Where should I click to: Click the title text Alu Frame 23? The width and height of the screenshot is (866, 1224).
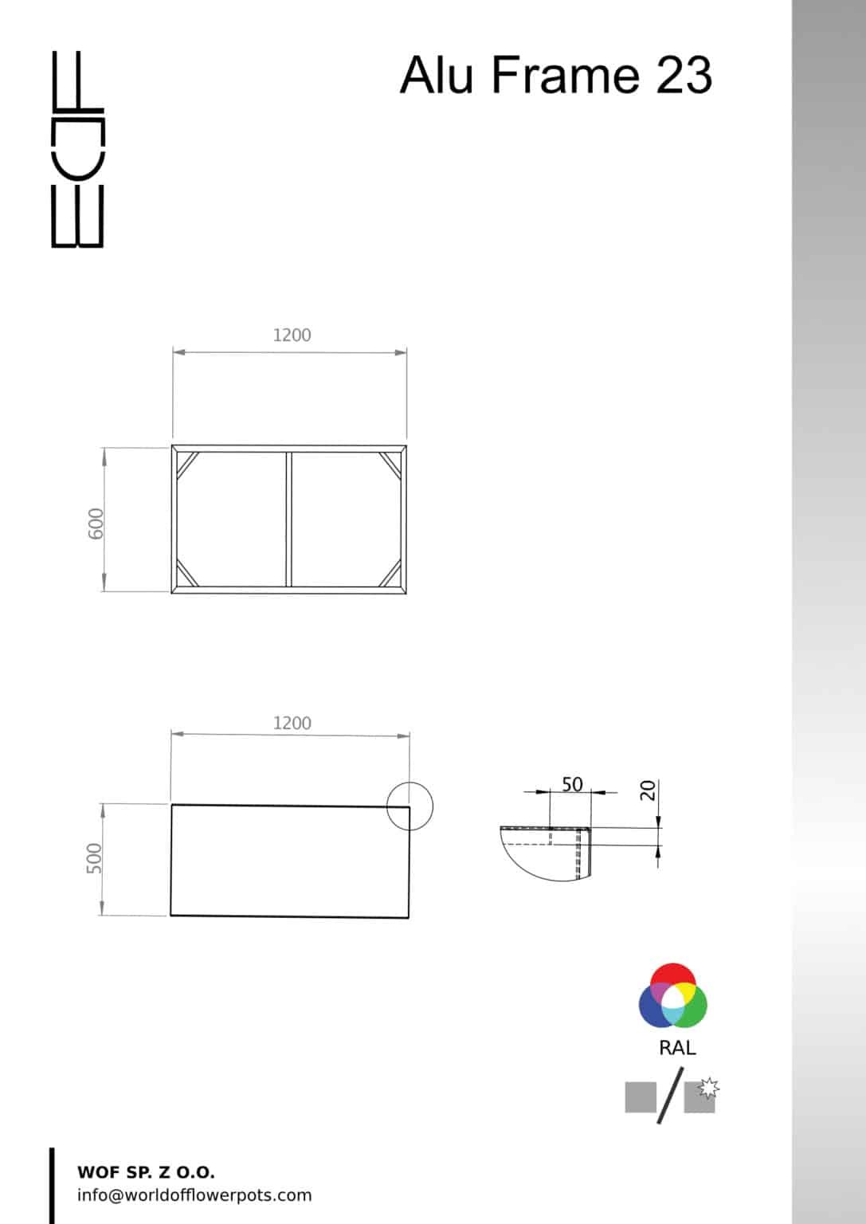coord(555,75)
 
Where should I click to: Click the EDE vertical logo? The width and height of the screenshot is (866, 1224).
coord(77,149)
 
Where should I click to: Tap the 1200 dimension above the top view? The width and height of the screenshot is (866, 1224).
coord(292,335)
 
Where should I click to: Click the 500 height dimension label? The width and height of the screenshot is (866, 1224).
coord(94,858)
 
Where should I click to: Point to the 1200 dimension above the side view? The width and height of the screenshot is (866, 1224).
coord(292,724)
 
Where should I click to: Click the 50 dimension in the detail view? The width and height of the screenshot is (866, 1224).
coord(572,784)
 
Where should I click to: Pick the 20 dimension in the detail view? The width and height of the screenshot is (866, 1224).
coord(648,790)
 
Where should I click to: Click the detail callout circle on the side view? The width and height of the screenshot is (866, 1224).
coord(410,806)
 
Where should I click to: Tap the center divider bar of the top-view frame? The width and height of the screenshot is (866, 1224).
coord(289,520)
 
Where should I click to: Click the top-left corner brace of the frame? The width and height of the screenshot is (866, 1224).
coord(187,465)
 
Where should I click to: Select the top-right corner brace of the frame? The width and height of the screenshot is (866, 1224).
coord(391,465)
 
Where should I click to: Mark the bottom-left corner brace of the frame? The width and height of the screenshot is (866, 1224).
coord(187,573)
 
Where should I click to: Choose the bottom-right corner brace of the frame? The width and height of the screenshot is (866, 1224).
coord(390,573)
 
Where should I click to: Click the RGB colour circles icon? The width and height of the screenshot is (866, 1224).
coord(673,996)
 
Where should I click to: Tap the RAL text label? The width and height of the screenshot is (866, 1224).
coord(677,1048)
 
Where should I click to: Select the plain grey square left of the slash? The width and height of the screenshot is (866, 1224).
coord(641,1097)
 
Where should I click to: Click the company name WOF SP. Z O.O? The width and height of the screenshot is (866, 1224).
coord(146,1172)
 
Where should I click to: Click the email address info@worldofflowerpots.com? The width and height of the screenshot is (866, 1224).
coord(194,1195)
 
